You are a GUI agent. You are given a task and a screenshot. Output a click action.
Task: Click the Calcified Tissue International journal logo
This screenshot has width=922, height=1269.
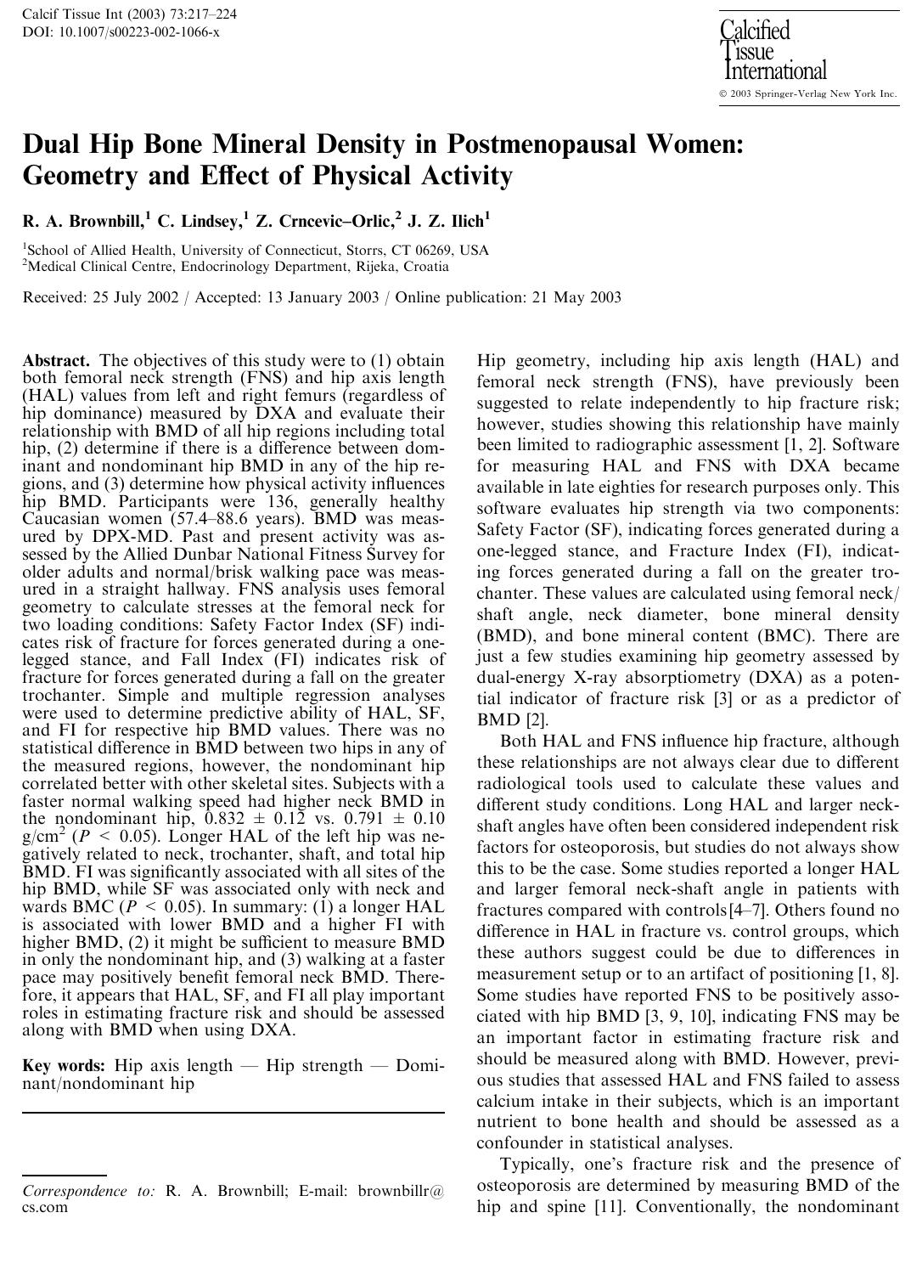point(772,50)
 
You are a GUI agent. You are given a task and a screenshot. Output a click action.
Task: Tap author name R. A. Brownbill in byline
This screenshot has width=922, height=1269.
point(82,223)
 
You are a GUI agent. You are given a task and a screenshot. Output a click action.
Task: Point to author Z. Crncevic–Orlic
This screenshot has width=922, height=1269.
point(324,223)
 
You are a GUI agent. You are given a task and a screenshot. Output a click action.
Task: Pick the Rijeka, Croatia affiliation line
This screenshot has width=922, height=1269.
point(236,267)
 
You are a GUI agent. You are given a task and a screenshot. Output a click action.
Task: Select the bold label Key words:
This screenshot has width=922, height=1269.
point(64,1066)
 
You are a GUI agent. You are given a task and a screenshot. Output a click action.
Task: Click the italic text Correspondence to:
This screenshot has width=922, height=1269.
point(88,1191)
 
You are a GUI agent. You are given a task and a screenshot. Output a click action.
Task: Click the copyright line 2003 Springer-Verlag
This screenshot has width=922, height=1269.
point(807,93)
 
